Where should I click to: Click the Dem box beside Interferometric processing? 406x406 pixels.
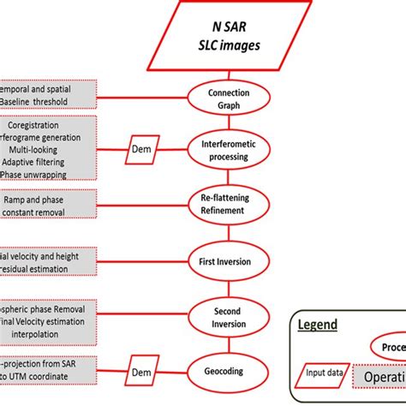pos(141,148)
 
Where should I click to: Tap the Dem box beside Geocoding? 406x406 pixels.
pos(141,373)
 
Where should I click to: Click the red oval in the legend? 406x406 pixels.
pos(390,348)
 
